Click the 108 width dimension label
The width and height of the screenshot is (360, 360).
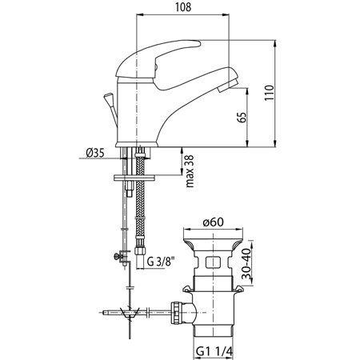[x=183, y=7]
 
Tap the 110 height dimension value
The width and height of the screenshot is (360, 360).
[x=270, y=93]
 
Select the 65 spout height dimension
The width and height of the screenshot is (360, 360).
[x=242, y=118]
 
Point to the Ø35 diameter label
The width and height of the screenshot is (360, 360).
[x=95, y=153]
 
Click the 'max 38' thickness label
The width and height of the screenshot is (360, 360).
[x=190, y=171]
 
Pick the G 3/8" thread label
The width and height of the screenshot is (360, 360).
[x=161, y=262]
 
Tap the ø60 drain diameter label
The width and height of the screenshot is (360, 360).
[x=214, y=222]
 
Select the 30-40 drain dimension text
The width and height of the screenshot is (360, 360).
[x=247, y=263]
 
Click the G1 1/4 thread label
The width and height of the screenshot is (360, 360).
[x=214, y=351]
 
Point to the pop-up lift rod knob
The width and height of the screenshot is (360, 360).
[x=108, y=98]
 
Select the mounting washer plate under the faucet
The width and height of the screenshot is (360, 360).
[x=134, y=178]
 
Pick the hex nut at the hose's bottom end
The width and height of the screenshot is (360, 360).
[x=139, y=250]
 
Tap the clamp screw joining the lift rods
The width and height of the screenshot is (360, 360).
[x=119, y=257]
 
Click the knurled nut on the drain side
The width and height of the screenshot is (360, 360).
[x=176, y=312]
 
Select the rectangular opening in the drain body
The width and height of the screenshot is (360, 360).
[x=214, y=262]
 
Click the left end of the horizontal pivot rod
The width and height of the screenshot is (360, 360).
[x=103, y=312]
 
